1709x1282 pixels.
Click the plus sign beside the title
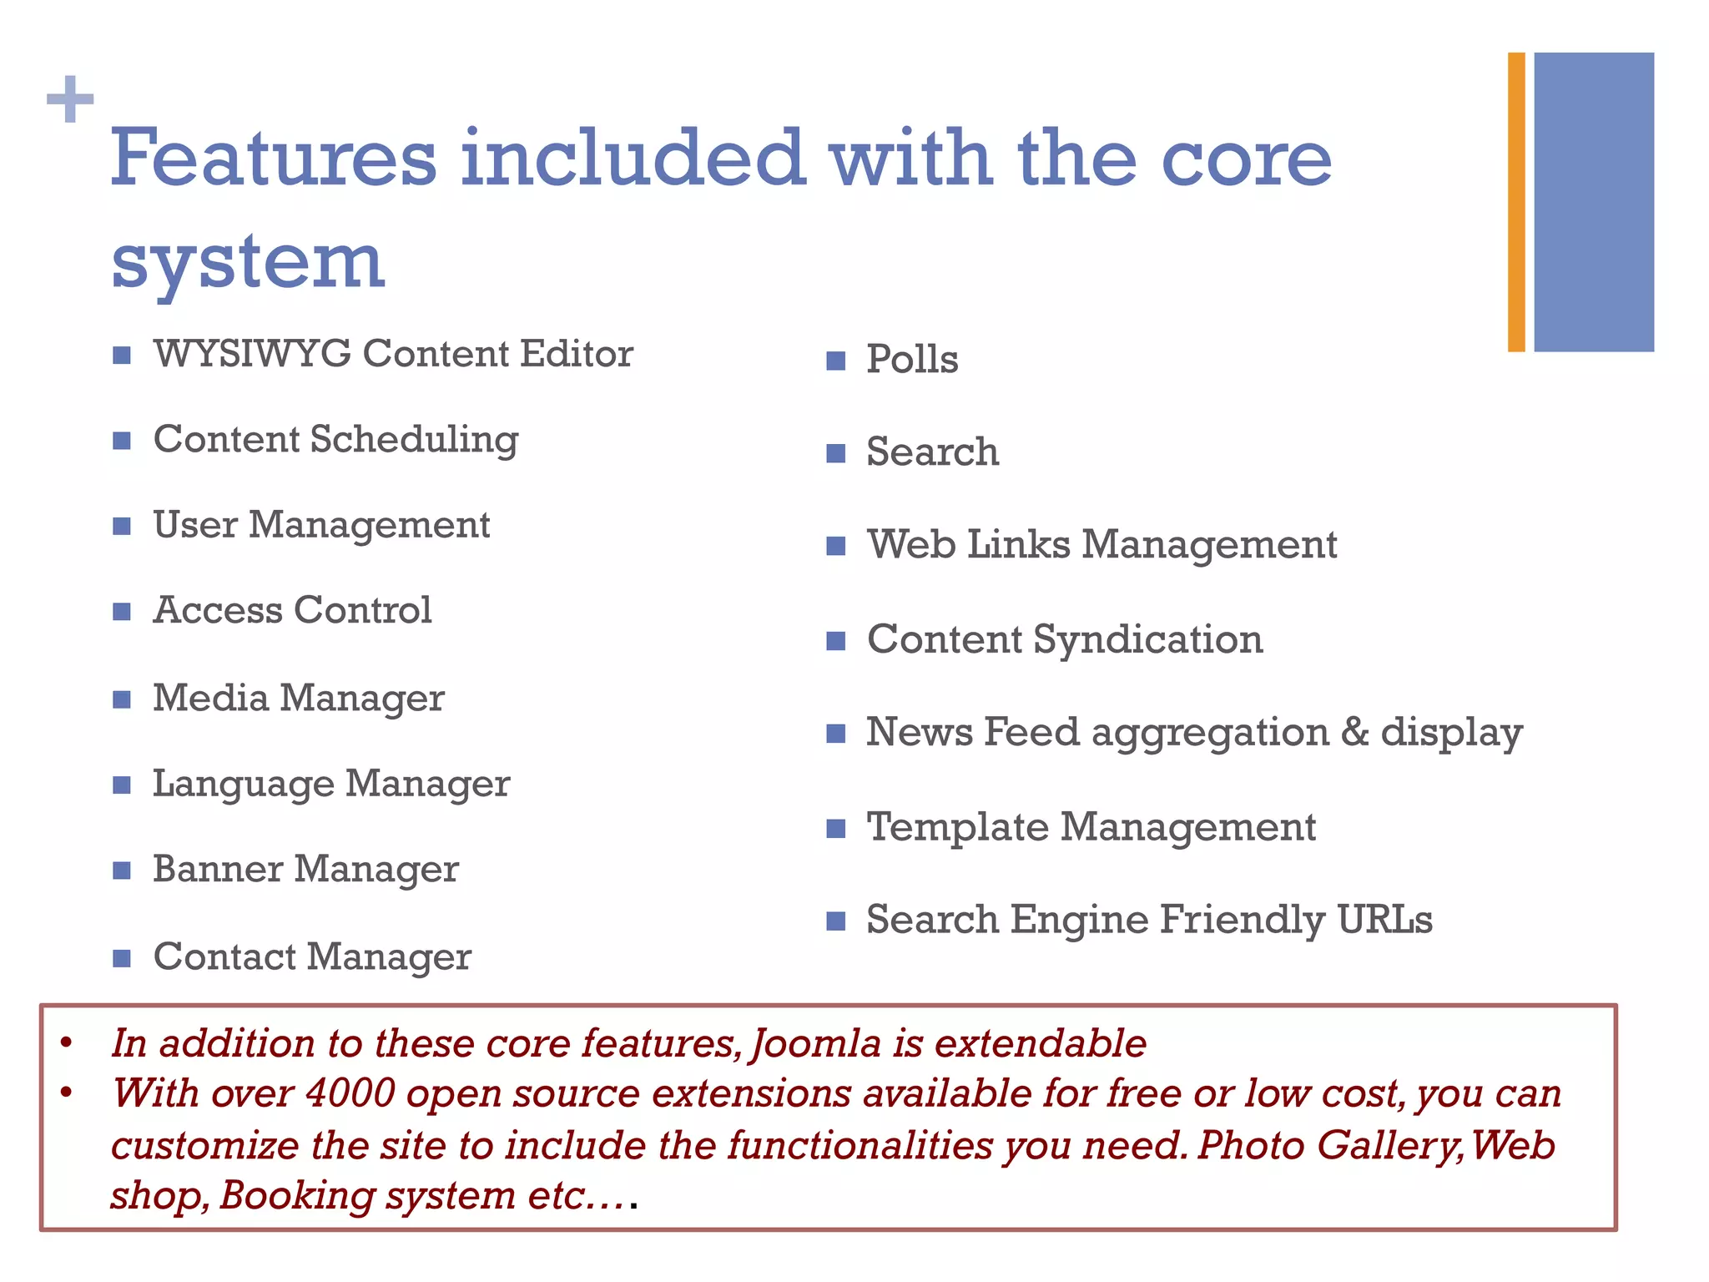[70, 99]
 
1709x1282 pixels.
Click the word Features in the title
[274, 159]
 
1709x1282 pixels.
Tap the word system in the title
[248, 261]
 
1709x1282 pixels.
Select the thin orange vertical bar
[1516, 202]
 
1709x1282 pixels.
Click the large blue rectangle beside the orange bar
[1593, 202]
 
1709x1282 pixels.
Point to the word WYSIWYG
[252, 354]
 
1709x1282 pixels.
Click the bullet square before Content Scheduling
[122, 441]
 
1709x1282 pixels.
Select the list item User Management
[321, 525]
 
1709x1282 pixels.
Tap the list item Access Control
[292, 610]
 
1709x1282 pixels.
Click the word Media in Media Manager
[210, 698]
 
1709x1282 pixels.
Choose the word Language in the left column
[243, 785]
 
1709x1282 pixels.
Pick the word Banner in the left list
[218, 869]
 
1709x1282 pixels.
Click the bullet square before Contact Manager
[122, 957]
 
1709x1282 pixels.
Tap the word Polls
[912, 360]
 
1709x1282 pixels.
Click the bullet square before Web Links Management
[835, 547]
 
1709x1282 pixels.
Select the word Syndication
[1148, 639]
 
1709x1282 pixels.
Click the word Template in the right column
[958, 827]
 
